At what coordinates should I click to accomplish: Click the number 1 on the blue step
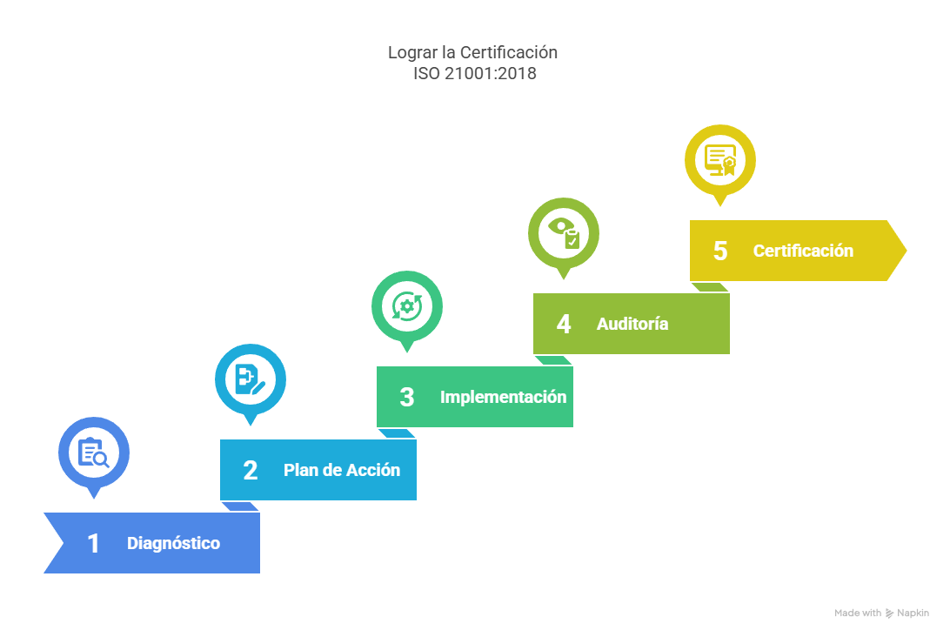(93, 544)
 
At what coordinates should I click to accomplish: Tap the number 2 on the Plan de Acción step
(251, 471)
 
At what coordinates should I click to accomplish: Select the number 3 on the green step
(407, 398)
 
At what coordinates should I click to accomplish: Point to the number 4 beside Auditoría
(564, 325)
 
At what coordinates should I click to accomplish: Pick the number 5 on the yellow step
(720, 251)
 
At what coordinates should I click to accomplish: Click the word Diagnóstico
(173, 544)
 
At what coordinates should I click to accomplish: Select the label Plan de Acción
(342, 471)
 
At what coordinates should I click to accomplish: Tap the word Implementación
(503, 398)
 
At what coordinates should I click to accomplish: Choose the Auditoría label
(632, 325)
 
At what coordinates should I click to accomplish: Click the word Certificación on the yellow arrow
(803, 251)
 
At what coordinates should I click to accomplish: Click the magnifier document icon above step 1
(94, 453)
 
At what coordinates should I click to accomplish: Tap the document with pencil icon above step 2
(251, 379)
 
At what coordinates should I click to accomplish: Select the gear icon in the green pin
(407, 306)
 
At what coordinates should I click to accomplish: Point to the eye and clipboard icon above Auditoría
(564, 233)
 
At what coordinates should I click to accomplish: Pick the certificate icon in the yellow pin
(720, 160)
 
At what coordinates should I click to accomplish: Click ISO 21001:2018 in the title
(474, 74)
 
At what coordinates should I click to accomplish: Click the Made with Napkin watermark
(881, 614)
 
